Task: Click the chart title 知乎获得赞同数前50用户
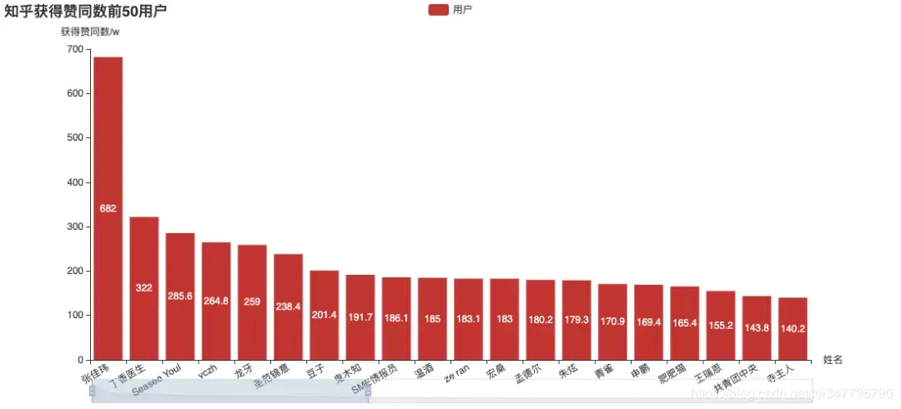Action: [x=85, y=12]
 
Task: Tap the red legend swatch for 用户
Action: [x=438, y=9]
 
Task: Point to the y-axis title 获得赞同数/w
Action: [x=90, y=32]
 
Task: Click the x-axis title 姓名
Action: [x=833, y=360]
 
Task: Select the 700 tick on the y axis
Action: [x=74, y=50]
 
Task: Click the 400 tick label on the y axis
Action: [x=74, y=182]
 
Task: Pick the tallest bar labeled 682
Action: [x=108, y=208]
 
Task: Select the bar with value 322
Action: [x=143, y=288]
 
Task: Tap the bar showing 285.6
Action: [x=179, y=297]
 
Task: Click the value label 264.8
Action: [x=216, y=301]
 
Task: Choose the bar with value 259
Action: [x=252, y=302]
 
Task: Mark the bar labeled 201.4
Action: [x=324, y=315]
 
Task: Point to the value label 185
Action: [x=432, y=318]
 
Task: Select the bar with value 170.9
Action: [x=612, y=322]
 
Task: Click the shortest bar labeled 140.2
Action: [x=793, y=328]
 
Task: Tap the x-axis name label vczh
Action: [x=208, y=372]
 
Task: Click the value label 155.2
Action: [x=720, y=325]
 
